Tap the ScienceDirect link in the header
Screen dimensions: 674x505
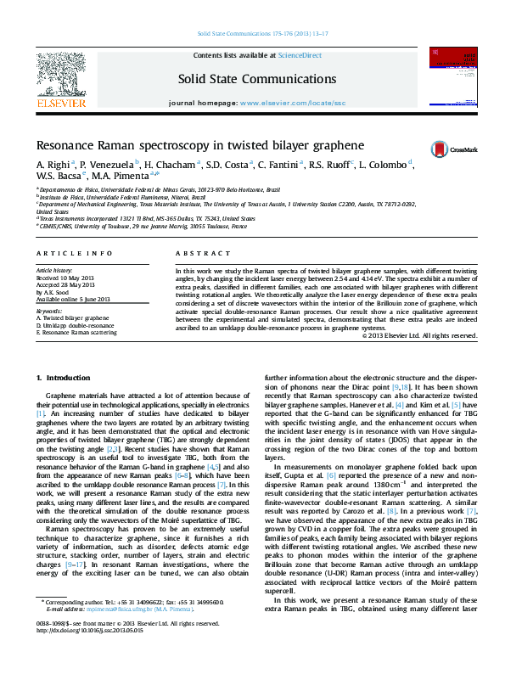pyautogui.click(x=300, y=55)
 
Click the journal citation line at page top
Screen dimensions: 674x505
pyautogui.click(x=262, y=33)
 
